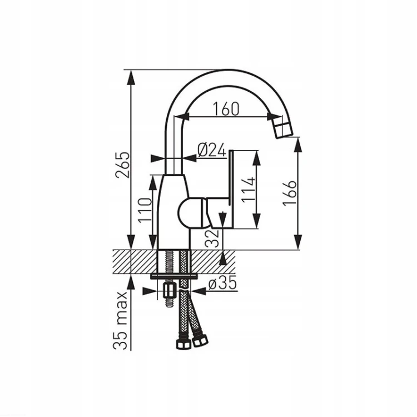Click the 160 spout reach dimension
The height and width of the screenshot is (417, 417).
click(x=226, y=109)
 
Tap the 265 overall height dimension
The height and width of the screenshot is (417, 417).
click(x=123, y=165)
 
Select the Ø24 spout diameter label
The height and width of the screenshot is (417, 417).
click(x=212, y=150)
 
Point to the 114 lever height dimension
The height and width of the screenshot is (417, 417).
click(x=248, y=190)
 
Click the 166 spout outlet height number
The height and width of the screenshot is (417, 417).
click(x=289, y=193)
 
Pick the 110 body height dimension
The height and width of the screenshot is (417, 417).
click(x=145, y=210)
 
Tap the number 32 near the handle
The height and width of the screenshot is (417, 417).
click(x=212, y=239)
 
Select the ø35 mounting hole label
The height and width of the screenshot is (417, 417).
click(x=222, y=284)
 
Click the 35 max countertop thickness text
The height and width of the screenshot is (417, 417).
click(x=120, y=320)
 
